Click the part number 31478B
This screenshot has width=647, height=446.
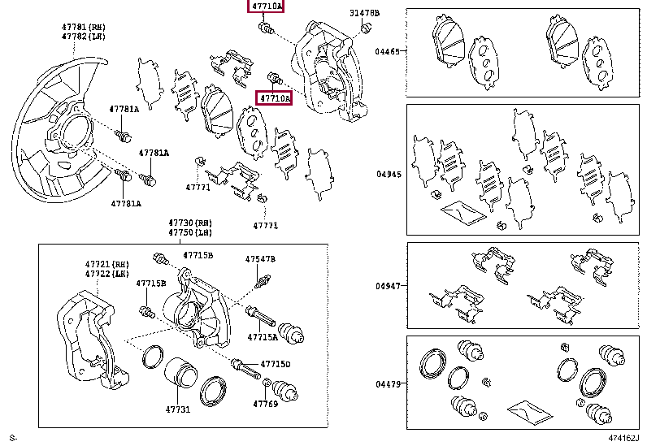coord(364,14)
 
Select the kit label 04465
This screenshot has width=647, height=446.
coord(387,51)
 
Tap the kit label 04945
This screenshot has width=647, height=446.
coord(387,174)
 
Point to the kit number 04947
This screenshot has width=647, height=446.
coord(387,287)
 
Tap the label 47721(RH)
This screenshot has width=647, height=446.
coord(106,265)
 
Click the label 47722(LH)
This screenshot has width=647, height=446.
coord(106,275)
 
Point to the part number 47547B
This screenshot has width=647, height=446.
coord(261,259)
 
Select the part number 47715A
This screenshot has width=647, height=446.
coord(263,336)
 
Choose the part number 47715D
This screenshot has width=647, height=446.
coord(276,364)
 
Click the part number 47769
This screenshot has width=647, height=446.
coord(265,403)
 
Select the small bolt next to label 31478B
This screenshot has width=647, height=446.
coord(366,29)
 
